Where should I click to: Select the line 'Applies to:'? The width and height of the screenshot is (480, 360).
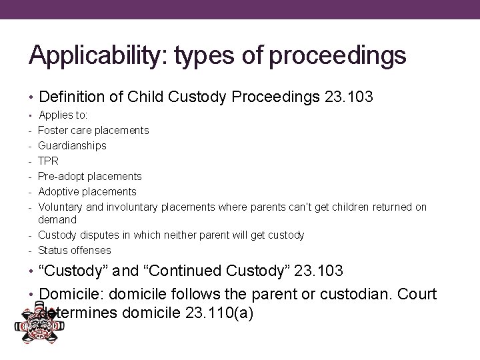(67, 115)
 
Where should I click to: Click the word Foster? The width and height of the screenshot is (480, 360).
(53, 130)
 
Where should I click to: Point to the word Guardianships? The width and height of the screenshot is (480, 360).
(72, 145)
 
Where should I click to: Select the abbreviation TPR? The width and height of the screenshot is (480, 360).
(49, 161)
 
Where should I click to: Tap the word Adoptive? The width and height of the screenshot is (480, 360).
(58, 191)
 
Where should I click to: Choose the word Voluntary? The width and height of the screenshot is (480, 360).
(61, 207)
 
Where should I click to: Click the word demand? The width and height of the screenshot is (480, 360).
(57, 219)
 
